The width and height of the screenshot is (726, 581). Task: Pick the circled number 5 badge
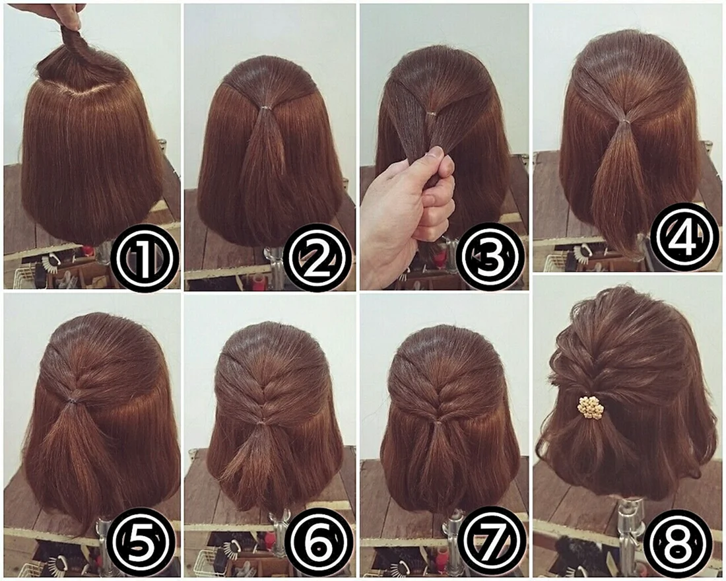[141, 543]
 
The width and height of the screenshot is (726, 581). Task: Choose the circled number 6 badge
[319, 543]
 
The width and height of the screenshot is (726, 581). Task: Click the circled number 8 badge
[678, 541]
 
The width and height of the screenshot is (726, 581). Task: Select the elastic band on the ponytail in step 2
[265, 108]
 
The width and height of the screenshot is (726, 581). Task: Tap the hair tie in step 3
[432, 114]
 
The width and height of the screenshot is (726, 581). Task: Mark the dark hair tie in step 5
[72, 399]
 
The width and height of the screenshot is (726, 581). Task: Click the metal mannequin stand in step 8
[630, 533]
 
